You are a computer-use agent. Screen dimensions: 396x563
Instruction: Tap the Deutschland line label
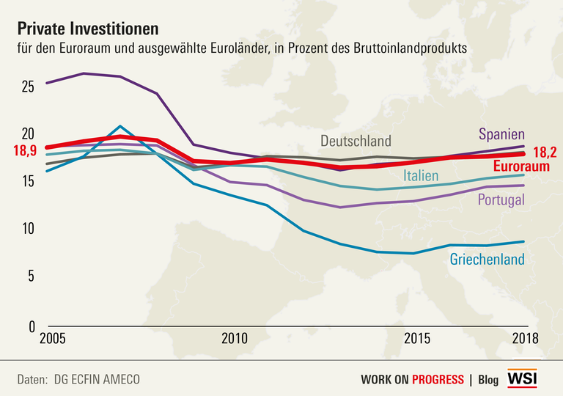coord(356,141)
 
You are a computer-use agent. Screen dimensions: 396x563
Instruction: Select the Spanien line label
coord(502,134)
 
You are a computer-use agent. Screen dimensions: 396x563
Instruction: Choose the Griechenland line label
coord(487,259)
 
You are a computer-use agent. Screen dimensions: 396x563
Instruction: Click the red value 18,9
coord(25,151)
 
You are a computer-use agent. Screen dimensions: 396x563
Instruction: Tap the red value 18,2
coord(545,153)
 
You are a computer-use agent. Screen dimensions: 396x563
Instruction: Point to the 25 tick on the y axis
coord(28,87)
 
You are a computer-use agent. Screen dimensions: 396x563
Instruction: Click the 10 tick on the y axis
coord(28,229)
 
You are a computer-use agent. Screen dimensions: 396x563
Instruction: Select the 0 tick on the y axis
coord(31,324)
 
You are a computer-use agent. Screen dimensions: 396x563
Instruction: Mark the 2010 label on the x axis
coord(233,339)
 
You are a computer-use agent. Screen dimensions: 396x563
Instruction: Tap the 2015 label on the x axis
coord(416,339)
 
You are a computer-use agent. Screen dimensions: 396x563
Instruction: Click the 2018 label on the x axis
coord(525,339)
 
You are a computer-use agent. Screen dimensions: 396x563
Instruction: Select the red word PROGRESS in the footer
coord(438,379)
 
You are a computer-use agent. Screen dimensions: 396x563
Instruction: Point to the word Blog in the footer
coord(488,379)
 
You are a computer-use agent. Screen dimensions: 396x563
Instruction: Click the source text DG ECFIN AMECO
coord(96,379)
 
